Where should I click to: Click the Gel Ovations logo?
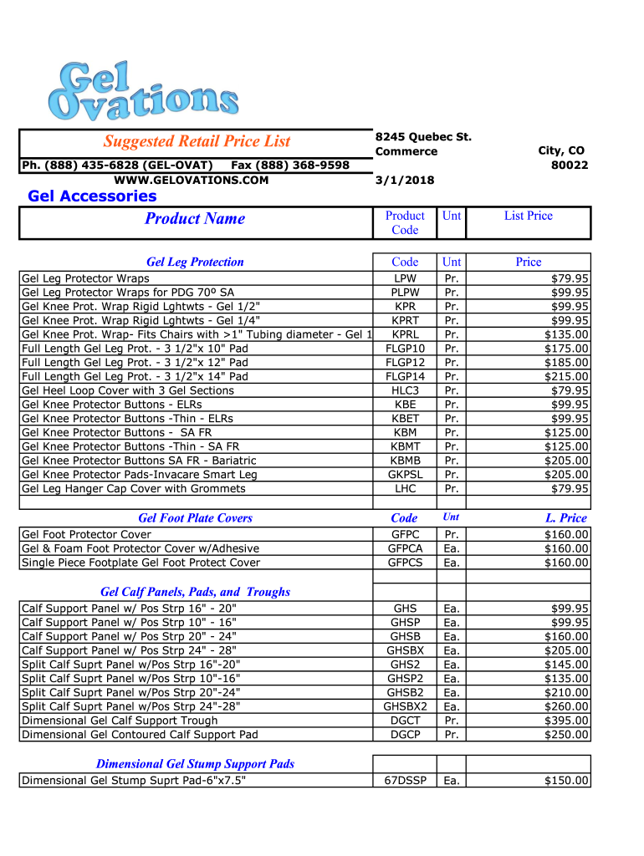click(143, 90)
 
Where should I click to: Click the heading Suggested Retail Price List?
click(197, 141)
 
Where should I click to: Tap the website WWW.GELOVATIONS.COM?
click(191, 180)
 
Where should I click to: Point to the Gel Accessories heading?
click(92, 196)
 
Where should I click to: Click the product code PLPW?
click(405, 293)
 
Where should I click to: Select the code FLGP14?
click(405, 376)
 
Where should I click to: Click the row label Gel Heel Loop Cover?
click(127, 390)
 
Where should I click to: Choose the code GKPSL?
click(405, 474)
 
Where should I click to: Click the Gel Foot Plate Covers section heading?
click(195, 518)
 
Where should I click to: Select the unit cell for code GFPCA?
click(452, 548)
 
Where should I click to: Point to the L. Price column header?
click(566, 518)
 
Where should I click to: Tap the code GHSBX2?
click(405, 706)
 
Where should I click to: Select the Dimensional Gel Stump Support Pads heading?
click(195, 764)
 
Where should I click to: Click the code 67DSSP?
click(405, 781)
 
